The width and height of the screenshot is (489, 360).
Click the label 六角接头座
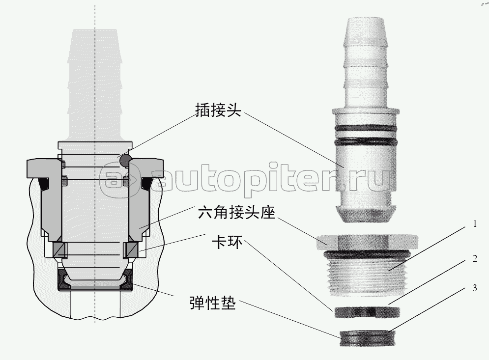[237, 213]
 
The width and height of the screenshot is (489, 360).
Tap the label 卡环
[227, 242]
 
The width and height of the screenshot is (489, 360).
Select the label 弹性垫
[213, 302]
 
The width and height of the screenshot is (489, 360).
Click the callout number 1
[475, 224]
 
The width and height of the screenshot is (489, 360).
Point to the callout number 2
[475, 258]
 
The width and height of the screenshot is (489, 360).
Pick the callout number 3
[475, 288]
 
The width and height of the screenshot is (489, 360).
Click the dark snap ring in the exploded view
[367, 312]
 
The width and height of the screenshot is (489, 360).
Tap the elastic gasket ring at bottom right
[368, 338]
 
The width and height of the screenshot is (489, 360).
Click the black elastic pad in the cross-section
[95, 280]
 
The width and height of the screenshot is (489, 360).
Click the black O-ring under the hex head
[367, 253]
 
